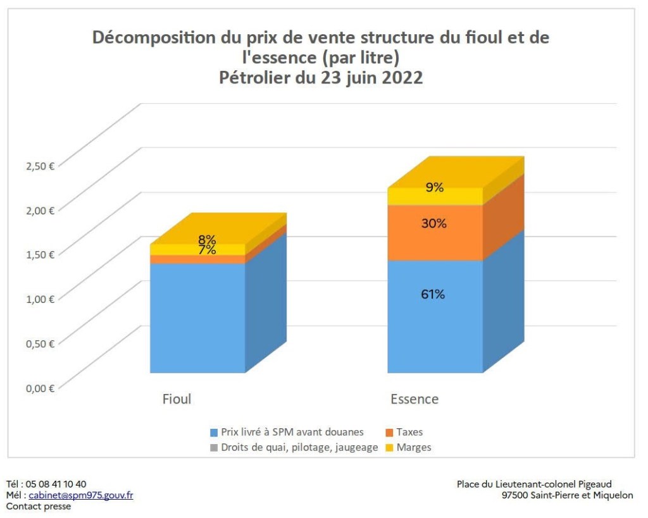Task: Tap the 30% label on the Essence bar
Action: point(435,223)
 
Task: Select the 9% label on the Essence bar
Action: point(435,187)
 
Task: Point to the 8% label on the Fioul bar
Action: point(207,240)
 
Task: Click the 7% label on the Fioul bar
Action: point(207,250)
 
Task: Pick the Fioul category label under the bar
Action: point(177,399)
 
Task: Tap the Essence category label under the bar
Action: point(414,399)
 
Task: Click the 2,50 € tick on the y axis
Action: point(40,166)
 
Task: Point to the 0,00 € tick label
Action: point(40,388)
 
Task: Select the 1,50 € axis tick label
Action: point(40,254)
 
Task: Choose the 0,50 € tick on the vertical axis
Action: point(40,343)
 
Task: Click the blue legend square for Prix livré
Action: point(214,433)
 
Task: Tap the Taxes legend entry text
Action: point(409,433)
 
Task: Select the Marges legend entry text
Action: point(414,448)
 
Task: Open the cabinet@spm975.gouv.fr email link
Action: point(81,495)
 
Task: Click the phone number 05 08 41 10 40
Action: point(56,484)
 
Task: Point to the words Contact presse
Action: point(39,506)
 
